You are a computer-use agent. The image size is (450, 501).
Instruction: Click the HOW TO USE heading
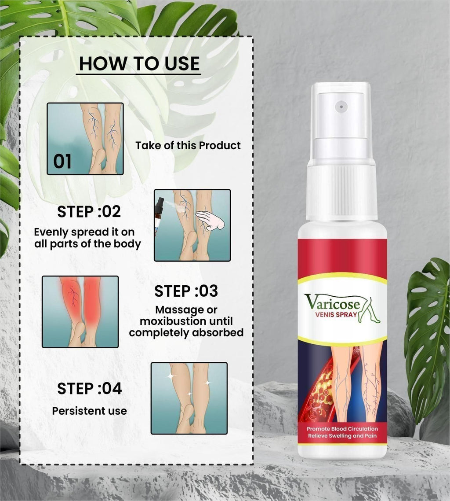(x=139, y=63)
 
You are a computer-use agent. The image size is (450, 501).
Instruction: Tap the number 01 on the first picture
(x=62, y=162)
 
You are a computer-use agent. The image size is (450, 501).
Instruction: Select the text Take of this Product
(x=188, y=145)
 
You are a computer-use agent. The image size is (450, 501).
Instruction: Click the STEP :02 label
(x=89, y=212)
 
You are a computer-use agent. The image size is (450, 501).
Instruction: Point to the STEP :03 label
(x=186, y=291)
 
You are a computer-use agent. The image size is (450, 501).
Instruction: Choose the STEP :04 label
(x=89, y=389)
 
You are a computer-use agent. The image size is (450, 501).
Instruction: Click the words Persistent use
(x=89, y=411)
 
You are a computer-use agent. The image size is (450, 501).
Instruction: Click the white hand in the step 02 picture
(x=210, y=221)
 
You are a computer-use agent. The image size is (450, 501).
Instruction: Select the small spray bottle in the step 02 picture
(x=159, y=216)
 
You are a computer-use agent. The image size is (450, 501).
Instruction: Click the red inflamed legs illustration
(x=80, y=311)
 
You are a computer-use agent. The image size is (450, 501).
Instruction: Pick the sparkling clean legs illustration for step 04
(x=189, y=398)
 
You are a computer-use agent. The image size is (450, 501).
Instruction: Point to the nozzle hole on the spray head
(x=341, y=106)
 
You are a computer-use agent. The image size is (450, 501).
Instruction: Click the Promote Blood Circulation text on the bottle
(x=342, y=428)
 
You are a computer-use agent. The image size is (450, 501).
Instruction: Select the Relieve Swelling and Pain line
(x=342, y=436)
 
